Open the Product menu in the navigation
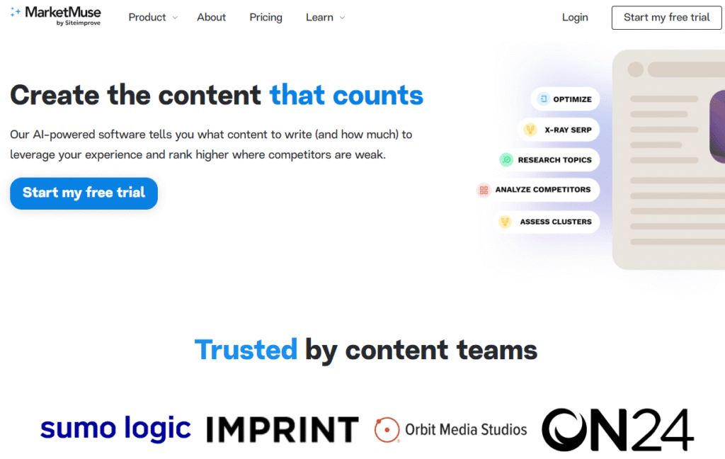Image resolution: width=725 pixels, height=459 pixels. click(152, 17)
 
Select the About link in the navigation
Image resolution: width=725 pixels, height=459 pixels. click(211, 17)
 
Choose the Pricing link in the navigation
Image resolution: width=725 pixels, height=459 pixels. click(266, 17)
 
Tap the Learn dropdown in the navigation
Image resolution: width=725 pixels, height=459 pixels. click(325, 17)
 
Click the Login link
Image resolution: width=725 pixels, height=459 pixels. click(575, 17)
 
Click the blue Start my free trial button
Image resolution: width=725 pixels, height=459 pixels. click(84, 193)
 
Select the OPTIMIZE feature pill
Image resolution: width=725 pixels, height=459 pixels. click(565, 99)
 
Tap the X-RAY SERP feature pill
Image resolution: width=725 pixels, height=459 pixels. click(559, 130)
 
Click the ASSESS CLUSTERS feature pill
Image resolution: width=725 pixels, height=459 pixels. click(548, 222)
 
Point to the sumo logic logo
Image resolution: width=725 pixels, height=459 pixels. click(115, 429)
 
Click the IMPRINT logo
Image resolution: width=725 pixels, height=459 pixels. click(282, 429)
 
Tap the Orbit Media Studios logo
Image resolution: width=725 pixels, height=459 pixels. click(451, 429)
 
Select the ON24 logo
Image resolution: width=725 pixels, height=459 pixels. click(617, 429)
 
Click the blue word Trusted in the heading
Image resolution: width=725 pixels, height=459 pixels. click(246, 350)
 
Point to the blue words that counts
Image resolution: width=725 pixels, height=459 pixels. click(346, 95)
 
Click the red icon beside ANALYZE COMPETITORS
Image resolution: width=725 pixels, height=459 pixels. click(484, 190)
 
